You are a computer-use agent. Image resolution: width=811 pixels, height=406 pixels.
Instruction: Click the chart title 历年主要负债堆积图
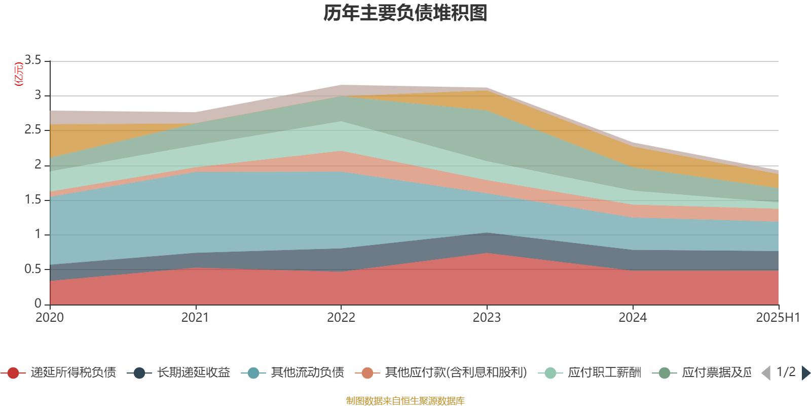pyautogui.click(x=405, y=13)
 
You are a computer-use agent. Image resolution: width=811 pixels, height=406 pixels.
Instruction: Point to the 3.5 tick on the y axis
pyautogui.click(x=33, y=60)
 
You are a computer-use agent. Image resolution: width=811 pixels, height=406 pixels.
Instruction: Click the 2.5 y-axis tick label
pyautogui.click(x=33, y=130)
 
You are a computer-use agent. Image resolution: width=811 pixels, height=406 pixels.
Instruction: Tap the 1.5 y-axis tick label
pyautogui.click(x=33, y=199)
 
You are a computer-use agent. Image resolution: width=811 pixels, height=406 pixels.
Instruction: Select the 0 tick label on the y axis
pyautogui.click(x=38, y=304)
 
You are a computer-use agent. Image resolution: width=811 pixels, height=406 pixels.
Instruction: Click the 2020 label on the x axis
pyautogui.click(x=50, y=318)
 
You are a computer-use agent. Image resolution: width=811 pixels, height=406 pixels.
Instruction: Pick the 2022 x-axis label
pyautogui.click(x=341, y=318)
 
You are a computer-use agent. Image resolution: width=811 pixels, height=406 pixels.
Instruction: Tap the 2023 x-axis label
pyautogui.click(x=487, y=318)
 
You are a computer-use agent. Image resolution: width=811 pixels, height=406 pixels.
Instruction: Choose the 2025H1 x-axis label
pyautogui.click(x=778, y=318)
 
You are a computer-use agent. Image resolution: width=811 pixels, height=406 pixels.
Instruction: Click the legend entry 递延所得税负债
pyautogui.click(x=73, y=373)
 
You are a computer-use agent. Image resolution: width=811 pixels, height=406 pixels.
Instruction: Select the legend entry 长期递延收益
pyautogui.click(x=194, y=373)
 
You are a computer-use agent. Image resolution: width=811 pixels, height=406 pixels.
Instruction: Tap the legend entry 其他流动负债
pyautogui.click(x=308, y=373)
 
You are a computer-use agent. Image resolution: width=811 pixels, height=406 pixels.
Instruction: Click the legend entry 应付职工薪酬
pyautogui.click(x=605, y=373)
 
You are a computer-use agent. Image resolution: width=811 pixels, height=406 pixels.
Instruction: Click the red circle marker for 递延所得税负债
pyautogui.click(x=14, y=374)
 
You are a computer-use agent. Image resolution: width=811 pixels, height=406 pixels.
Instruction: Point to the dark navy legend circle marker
pyautogui.click(x=139, y=374)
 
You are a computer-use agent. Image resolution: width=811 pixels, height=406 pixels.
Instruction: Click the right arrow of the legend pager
pyautogui.click(x=805, y=373)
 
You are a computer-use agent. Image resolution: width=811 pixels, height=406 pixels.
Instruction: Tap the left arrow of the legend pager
pyautogui.click(x=766, y=373)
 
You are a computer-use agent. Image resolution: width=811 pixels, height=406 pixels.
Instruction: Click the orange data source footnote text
pyautogui.click(x=405, y=401)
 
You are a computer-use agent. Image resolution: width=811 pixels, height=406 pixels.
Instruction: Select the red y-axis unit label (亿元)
pyautogui.click(x=19, y=75)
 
